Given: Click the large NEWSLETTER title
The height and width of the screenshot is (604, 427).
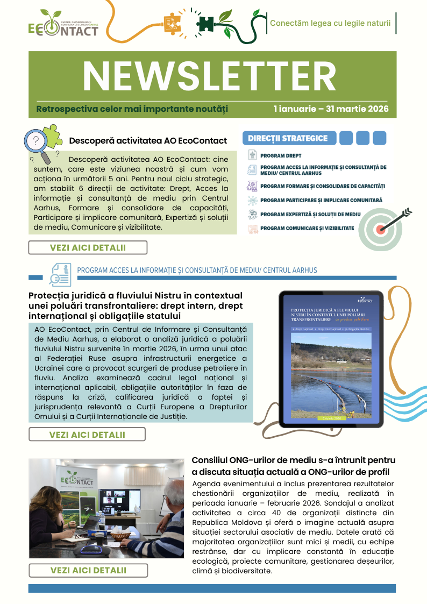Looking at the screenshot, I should click(x=209, y=76).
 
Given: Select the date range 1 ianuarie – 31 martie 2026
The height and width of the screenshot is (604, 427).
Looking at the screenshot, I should click(x=331, y=109).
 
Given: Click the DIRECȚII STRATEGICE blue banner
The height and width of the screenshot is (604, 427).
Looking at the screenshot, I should click(x=288, y=138).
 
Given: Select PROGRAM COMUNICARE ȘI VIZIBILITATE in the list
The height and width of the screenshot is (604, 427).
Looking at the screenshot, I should click(x=307, y=228).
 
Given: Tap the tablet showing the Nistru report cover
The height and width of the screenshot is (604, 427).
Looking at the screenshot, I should click(x=330, y=359).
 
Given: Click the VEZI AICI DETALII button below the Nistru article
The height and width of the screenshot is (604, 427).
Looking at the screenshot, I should click(x=87, y=434).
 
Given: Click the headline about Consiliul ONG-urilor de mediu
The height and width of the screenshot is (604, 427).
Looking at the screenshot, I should click(x=294, y=466).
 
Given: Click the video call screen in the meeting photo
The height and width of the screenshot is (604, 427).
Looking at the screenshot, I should click(x=119, y=501).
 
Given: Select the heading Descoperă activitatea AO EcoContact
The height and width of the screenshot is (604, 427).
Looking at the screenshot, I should click(x=148, y=141).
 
